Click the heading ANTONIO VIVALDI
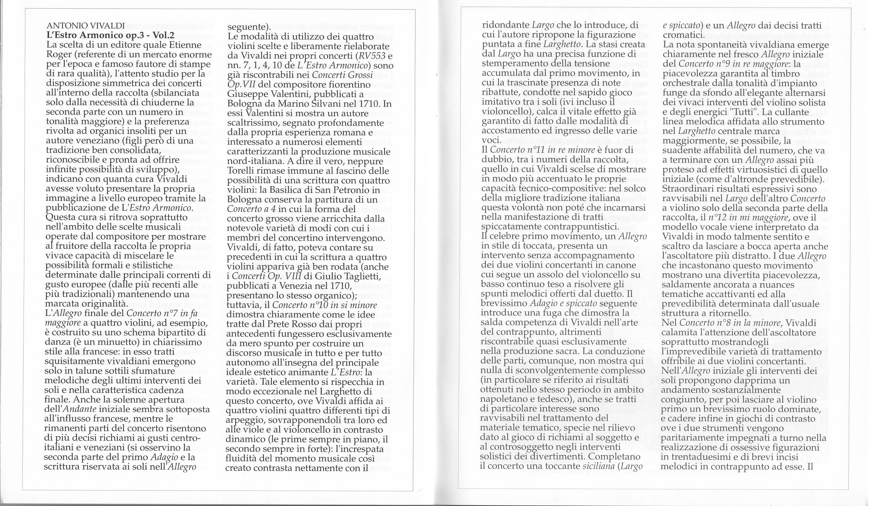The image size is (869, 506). point(86,26)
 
